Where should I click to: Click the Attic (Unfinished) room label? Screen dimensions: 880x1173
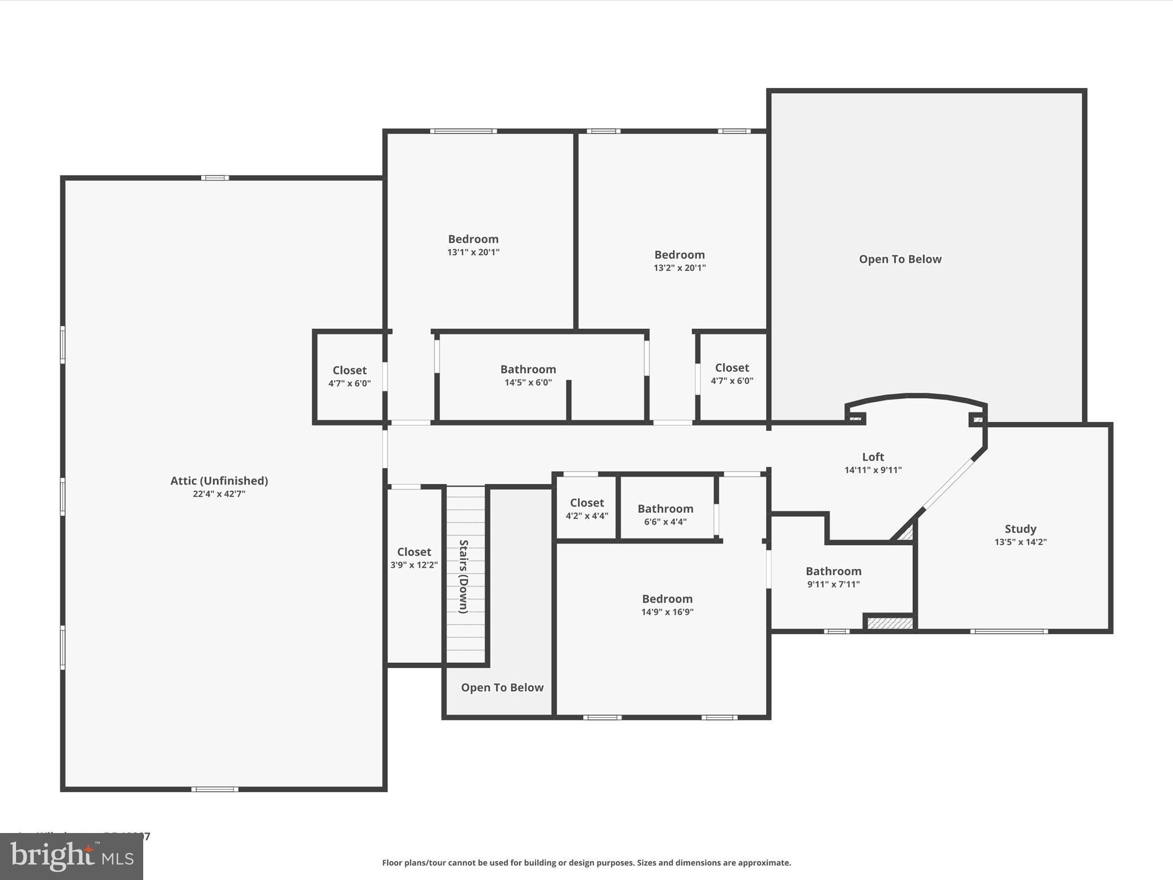219,481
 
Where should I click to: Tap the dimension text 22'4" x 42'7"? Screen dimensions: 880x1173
219,494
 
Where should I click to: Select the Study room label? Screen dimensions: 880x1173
1020,529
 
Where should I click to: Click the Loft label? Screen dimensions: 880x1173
873,457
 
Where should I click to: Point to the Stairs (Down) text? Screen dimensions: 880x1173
464,576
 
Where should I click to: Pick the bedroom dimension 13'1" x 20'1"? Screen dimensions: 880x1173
473,252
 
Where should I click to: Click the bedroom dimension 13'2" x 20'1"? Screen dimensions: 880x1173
679,268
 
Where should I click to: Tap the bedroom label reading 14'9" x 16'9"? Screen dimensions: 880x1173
667,612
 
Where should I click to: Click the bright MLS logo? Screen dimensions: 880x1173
72,857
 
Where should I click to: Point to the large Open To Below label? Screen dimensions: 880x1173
900,259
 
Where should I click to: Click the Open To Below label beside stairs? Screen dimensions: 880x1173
502,687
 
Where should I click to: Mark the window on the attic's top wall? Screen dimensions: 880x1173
215,178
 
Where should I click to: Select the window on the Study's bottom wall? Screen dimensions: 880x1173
1009,631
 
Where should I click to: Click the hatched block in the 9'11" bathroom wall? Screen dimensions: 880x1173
889,623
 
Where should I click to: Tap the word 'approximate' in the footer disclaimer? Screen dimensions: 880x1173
763,863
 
